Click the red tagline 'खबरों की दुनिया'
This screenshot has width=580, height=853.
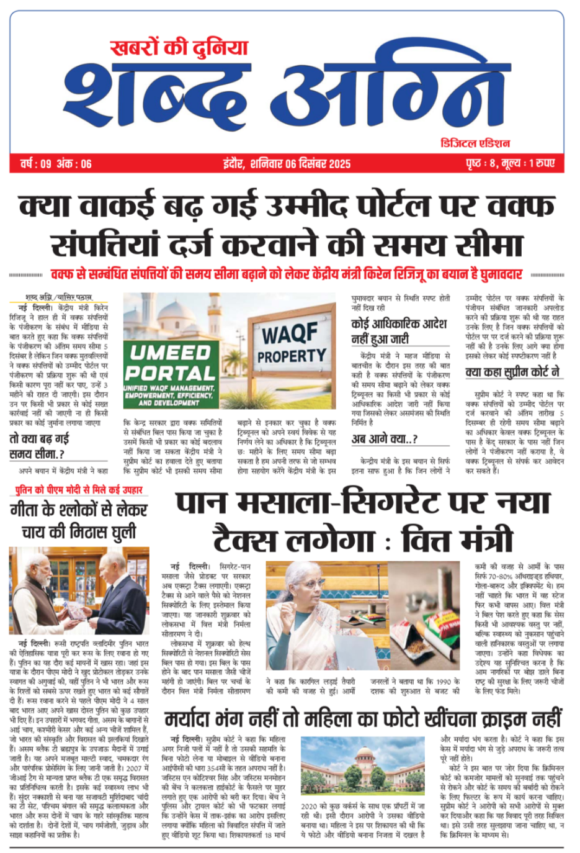pos(179,48)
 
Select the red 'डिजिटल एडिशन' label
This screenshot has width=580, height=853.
pos(475,143)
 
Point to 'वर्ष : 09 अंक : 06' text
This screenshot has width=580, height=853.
pos(56,164)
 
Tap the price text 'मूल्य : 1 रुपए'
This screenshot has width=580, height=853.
pos(528,164)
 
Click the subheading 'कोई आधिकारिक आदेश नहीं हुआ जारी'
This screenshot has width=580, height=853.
pos(398,331)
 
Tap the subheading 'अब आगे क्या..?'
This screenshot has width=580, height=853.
pos(385,440)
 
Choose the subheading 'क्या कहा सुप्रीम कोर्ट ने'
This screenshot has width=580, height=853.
pos(512,372)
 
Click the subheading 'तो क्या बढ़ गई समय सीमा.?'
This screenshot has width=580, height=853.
pos(38,446)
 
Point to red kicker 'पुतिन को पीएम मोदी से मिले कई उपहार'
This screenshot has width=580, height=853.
pos(79,490)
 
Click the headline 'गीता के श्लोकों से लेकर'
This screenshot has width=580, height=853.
pos(79,510)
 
